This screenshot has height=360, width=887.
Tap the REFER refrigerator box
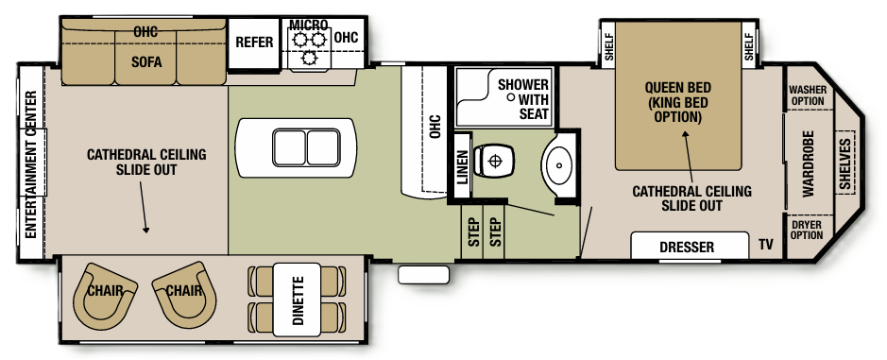[254, 43]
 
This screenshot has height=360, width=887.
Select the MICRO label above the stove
[308, 24]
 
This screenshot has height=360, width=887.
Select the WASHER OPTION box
[807, 94]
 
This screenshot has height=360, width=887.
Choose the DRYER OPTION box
[807, 230]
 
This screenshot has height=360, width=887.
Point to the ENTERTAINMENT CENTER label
[30, 166]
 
